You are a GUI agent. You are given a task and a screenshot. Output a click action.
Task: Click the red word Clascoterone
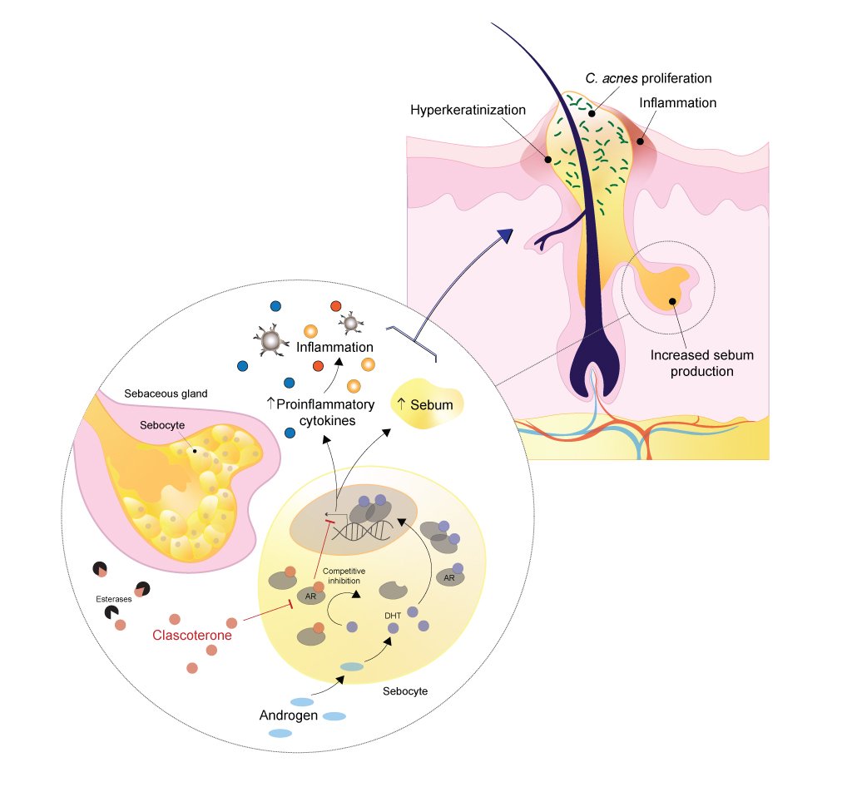192,636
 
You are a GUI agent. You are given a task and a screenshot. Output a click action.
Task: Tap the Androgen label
288,715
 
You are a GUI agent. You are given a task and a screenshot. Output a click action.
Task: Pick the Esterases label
113,597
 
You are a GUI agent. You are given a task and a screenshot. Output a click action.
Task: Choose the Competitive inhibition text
344,576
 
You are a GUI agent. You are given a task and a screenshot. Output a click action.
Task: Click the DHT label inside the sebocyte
394,615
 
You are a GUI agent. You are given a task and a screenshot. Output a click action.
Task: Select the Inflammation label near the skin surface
678,103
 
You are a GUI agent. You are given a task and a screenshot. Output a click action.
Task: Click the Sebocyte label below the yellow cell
405,691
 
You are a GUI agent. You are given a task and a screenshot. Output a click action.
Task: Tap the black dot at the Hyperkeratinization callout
547,158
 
